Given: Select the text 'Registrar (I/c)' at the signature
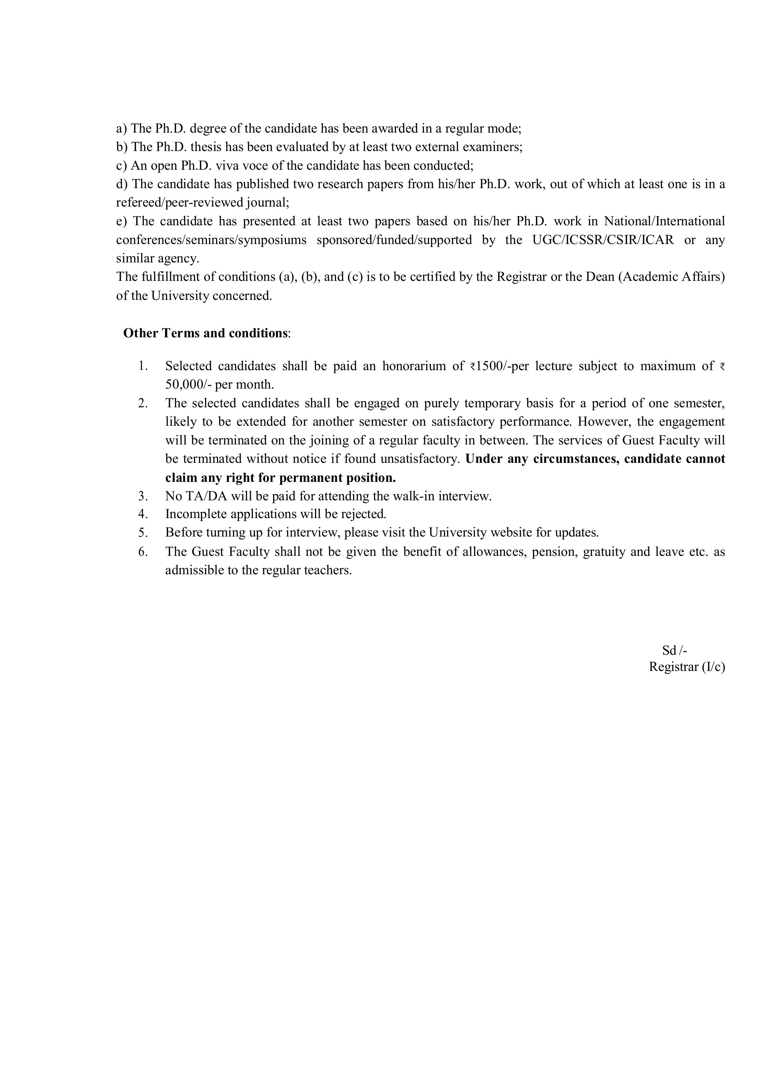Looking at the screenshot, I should tap(686, 667).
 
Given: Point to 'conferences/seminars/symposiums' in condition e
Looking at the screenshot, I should tap(211, 240).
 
